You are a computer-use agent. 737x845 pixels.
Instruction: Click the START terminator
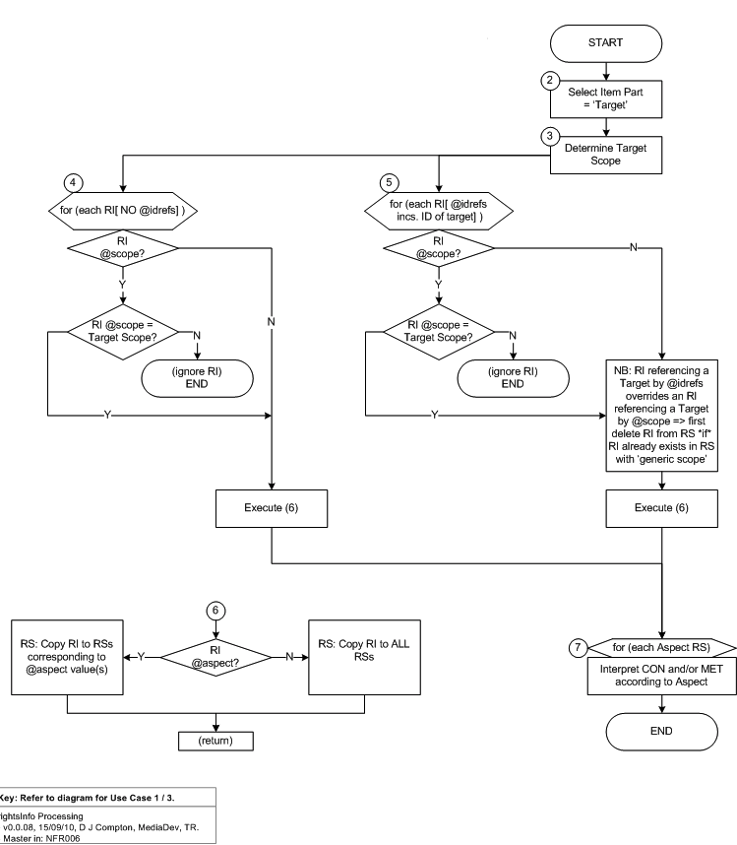click(605, 43)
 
